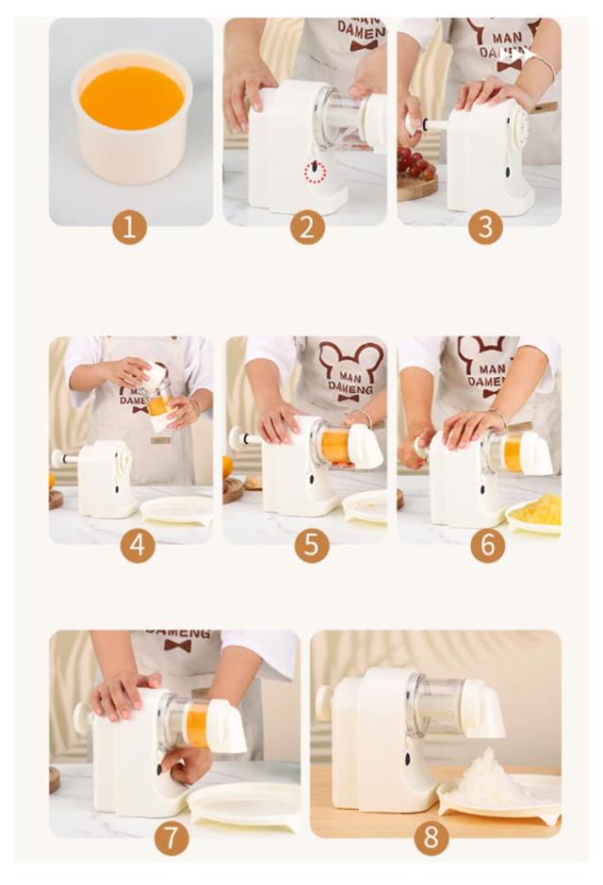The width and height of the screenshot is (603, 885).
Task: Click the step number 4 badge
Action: point(138,545)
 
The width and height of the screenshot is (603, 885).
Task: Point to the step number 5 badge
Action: point(311,545)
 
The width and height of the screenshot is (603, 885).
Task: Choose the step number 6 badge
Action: point(487,545)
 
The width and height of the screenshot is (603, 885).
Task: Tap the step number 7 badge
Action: point(171,838)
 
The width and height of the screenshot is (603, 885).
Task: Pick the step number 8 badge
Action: point(431,838)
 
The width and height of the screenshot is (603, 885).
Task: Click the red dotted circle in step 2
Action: point(316,172)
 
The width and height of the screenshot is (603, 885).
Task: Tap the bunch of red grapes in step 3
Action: point(416,163)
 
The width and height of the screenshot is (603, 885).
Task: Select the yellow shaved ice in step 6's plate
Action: point(536,509)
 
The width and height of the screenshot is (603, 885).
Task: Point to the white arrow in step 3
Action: point(520,56)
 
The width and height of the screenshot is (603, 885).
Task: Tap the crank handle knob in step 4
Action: point(57,458)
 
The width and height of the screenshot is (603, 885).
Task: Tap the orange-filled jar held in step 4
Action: point(158,402)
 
